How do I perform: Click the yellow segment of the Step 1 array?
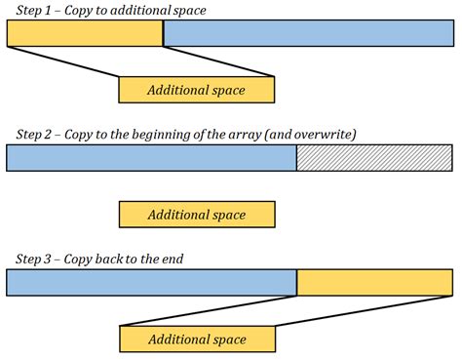pos(85,33)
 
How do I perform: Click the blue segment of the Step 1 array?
pos(308,33)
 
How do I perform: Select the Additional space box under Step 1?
pos(196,90)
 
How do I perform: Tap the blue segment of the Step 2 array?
pos(151,158)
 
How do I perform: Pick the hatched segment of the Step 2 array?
pos(375,158)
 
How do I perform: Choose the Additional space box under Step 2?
pos(196,215)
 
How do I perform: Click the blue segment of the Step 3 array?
pos(151,283)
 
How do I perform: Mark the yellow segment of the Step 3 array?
pos(375,283)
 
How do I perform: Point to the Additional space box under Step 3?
pos(196,340)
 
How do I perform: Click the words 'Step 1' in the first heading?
pos(32,10)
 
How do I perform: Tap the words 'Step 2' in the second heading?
pos(32,134)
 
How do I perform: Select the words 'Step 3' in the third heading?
pos(32,259)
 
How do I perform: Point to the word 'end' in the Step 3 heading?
pos(173,259)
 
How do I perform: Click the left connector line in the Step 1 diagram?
pos(62,61)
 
